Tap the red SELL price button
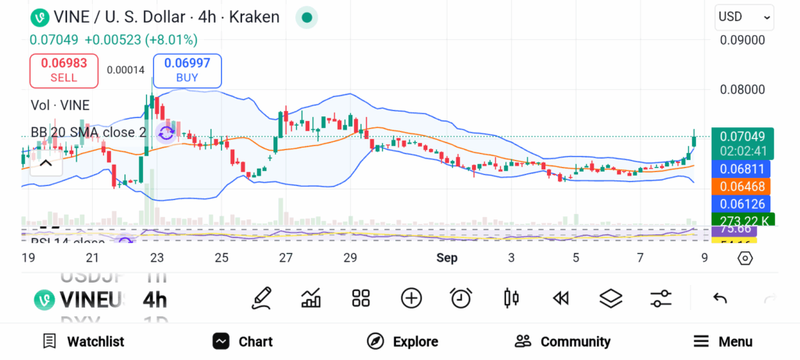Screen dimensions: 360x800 (x=63, y=70)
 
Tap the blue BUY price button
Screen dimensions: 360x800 (x=187, y=70)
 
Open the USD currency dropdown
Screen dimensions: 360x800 (x=745, y=16)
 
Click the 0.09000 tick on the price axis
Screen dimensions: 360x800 (x=742, y=40)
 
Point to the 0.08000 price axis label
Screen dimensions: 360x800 (x=742, y=89)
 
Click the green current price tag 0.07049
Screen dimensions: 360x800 (x=743, y=137)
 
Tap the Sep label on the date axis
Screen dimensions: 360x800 (x=447, y=258)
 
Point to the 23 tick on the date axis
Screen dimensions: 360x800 (x=157, y=258)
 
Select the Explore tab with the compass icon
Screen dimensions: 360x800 (x=402, y=341)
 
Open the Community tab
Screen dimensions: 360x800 (x=562, y=341)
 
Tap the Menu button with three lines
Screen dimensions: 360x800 (x=723, y=341)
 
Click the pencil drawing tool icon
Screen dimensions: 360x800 (x=262, y=298)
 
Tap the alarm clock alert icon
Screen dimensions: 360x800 (x=461, y=298)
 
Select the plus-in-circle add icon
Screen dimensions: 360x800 (x=411, y=298)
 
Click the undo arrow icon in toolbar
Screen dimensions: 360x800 (x=720, y=298)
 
